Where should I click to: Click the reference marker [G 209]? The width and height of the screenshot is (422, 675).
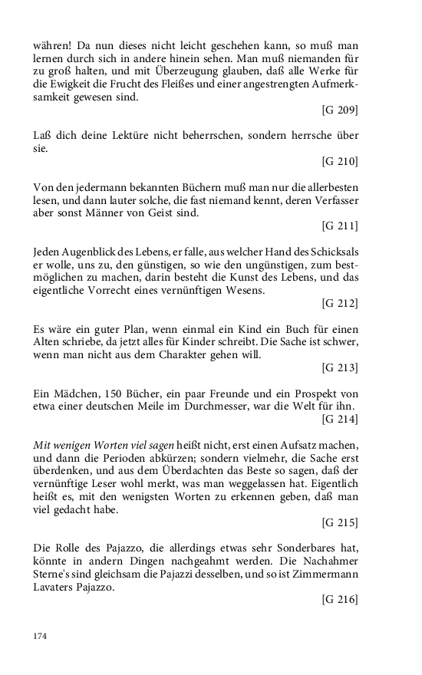[341, 110]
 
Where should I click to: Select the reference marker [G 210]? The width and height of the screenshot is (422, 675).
[341, 161]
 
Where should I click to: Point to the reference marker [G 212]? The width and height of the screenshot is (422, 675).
[341, 303]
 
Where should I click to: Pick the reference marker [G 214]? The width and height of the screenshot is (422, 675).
[341, 419]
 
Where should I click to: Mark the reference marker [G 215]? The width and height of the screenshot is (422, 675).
[341, 522]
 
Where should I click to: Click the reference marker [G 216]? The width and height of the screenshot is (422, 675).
[341, 599]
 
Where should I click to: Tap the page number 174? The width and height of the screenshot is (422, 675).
[40, 636]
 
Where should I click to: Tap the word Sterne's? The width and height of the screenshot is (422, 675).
[54, 574]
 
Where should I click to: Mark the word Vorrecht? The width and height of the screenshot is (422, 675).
[124, 291]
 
